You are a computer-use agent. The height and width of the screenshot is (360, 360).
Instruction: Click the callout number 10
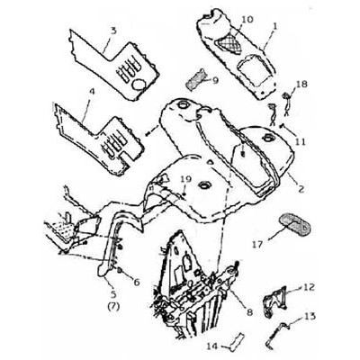click(247, 20)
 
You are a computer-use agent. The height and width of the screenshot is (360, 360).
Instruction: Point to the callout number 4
click(92, 92)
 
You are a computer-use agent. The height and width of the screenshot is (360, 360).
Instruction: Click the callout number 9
click(215, 80)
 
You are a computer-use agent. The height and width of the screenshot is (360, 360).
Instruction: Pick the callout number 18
click(301, 85)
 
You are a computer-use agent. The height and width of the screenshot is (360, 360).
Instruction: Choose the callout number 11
click(300, 141)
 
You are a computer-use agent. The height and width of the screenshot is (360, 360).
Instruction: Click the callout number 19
click(185, 180)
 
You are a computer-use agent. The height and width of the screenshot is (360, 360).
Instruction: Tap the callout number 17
click(257, 245)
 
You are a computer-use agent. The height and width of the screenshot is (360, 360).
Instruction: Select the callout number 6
click(137, 282)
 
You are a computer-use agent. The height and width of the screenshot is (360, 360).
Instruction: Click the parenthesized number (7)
click(114, 306)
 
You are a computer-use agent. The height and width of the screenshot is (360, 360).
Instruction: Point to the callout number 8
click(249, 312)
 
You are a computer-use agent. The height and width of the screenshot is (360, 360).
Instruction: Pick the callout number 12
click(309, 287)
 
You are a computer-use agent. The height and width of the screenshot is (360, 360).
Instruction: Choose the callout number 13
click(310, 316)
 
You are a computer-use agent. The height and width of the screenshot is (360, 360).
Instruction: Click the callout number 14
click(212, 346)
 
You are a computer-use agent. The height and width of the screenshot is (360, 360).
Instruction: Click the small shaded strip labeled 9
click(195, 79)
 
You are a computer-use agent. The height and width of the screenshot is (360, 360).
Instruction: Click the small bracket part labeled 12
click(275, 301)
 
